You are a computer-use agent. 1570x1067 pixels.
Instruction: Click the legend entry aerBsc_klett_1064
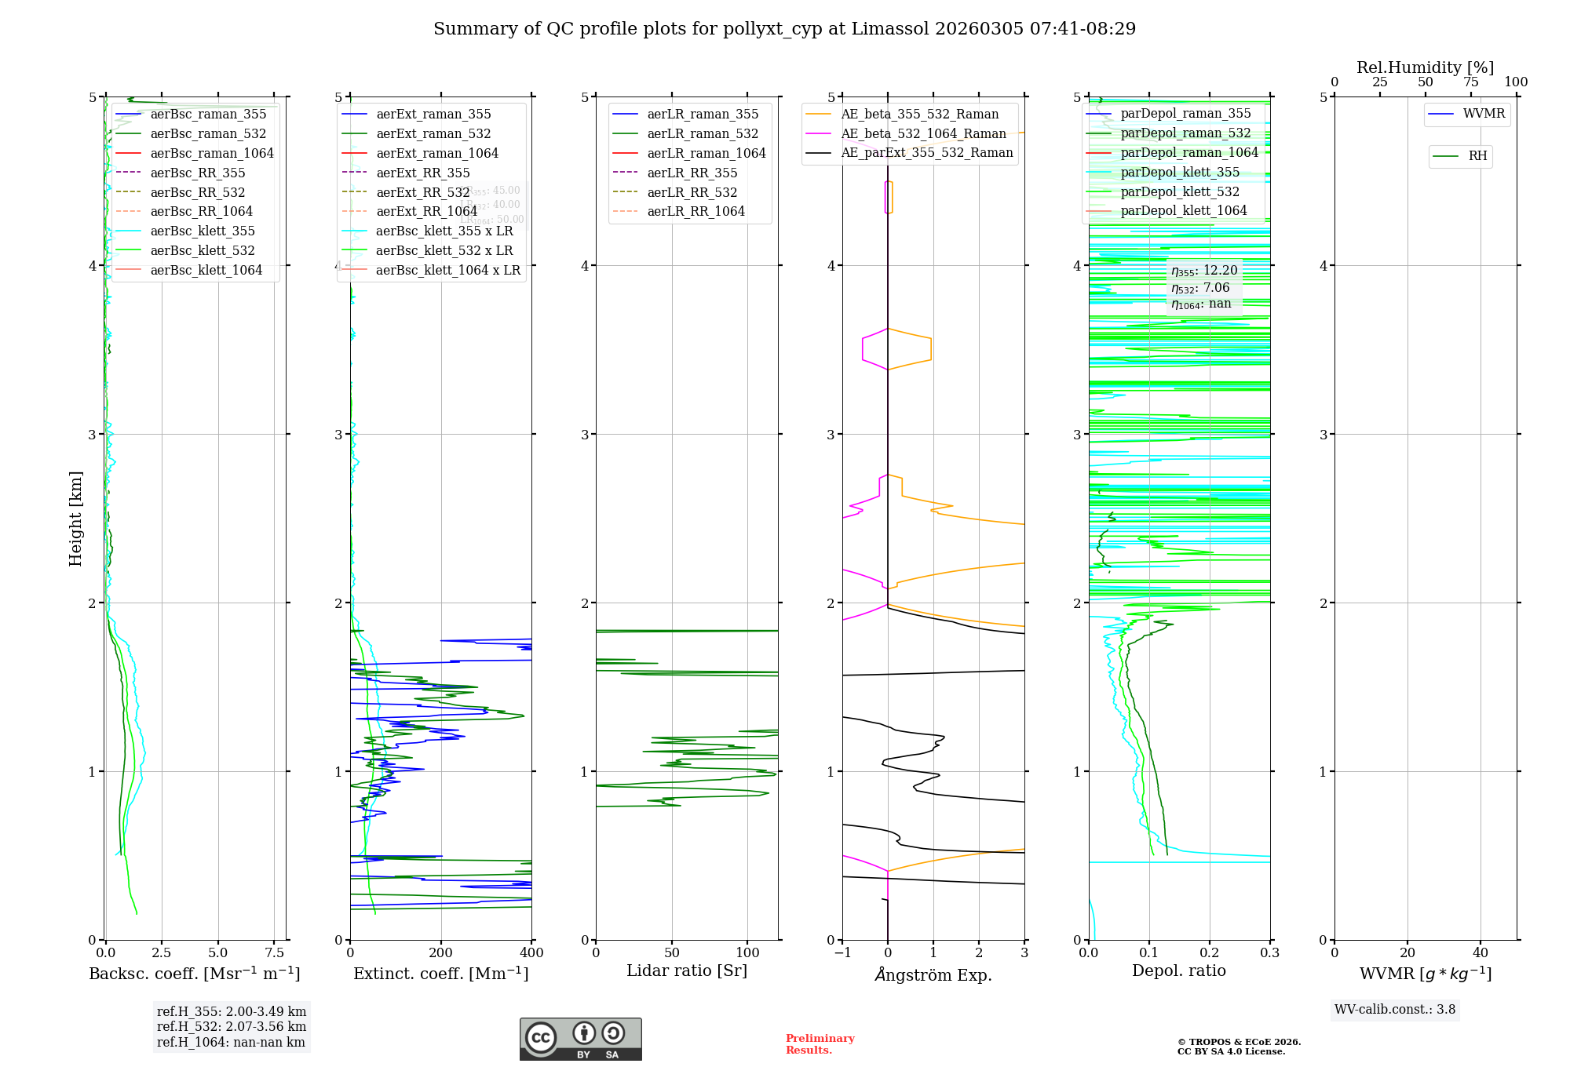pyautogui.click(x=206, y=270)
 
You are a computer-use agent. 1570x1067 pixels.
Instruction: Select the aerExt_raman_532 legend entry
pyautogui.click(x=433, y=133)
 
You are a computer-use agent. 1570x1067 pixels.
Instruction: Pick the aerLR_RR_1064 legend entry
pyautogui.click(x=696, y=211)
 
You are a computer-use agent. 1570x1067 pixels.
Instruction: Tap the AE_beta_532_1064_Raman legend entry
pyautogui.click(x=923, y=133)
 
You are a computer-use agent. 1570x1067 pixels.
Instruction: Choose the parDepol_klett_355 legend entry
pyautogui.click(x=1180, y=172)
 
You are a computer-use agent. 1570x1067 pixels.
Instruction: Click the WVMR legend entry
pyautogui.click(x=1484, y=114)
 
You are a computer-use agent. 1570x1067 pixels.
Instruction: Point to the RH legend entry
pyautogui.click(x=1477, y=156)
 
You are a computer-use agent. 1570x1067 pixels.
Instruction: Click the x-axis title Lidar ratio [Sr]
pyautogui.click(x=687, y=971)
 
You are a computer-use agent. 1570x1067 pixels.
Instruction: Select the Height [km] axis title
pyautogui.click(x=75, y=518)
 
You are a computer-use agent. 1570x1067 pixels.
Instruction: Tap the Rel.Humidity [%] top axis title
pyautogui.click(x=1425, y=67)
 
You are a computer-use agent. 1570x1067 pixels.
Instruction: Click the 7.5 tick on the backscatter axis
pyautogui.click(x=274, y=953)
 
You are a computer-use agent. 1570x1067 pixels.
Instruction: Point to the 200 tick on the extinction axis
pyautogui.click(x=441, y=953)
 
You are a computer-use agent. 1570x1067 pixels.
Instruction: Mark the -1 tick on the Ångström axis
pyautogui.click(x=842, y=953)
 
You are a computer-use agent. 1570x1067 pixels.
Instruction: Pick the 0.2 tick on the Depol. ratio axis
pyautogui.click(x=1210, y=953)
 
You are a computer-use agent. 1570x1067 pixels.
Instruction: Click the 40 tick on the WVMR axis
pyautogui.click(x=1481, y=953)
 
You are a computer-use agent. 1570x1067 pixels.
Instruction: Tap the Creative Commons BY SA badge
pyautogui.click(x=580, y=1040)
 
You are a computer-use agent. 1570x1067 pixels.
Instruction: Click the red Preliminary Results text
pyautogui.click(x=820, y=1044)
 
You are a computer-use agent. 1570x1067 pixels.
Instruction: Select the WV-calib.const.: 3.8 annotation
pyautogui.click(x=1395, y=1010)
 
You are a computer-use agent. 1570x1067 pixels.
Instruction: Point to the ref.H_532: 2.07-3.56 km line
pyautogui.click(x=232, y=1027)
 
